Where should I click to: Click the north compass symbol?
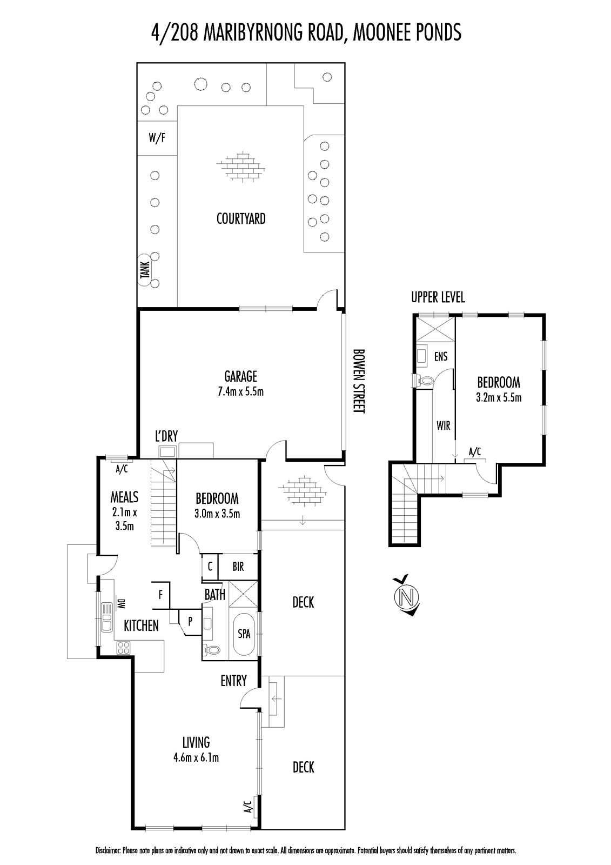click(407, 597)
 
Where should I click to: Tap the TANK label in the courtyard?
click(145, 270)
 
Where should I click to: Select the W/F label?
click(157, 138)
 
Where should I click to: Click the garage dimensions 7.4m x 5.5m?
click(240, 391)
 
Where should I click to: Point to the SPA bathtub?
click(244, 633)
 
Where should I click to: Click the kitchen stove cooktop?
click(124, 648)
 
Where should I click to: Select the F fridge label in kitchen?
click(160, 595)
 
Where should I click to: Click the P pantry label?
click(190, 622)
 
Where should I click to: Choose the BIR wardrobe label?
click(238, 567)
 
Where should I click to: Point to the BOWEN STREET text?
click(359, 381)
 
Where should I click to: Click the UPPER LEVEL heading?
click(438, 297)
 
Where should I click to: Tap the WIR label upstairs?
click(443, 426)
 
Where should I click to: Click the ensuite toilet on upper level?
click(423, 381)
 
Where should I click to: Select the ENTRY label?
click(233, 681)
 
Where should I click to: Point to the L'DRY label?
click(166, 436)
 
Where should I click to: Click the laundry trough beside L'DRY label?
click(168, 452)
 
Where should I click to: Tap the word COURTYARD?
click(241, 219)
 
